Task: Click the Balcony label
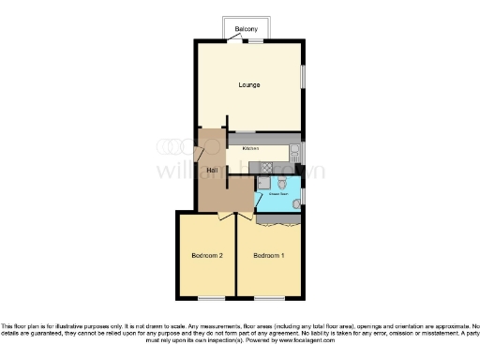coord(247,28)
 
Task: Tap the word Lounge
coord(248,86)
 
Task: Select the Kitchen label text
coord(251,149)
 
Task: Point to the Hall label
coord(213,169)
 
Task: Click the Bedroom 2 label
coord(206,255)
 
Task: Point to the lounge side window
coord(303,77)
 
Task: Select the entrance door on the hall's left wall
coord(197,155)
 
